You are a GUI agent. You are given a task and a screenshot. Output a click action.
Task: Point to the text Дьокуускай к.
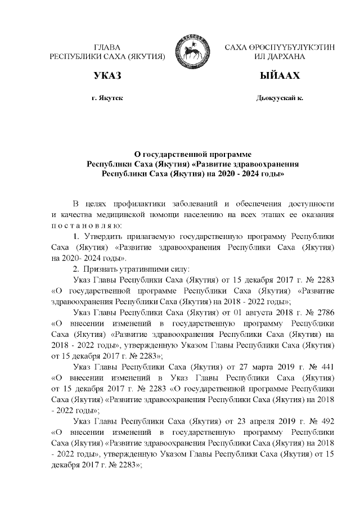[279, 98]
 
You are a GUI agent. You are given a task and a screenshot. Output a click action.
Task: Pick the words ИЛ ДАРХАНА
[279, 57]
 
